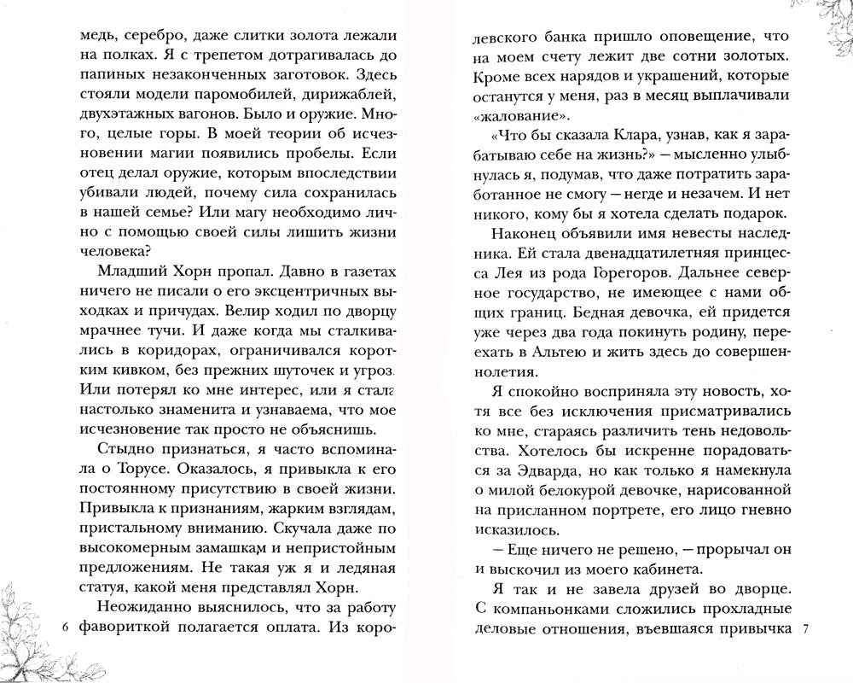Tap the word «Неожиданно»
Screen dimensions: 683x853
[x=144, y=605]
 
